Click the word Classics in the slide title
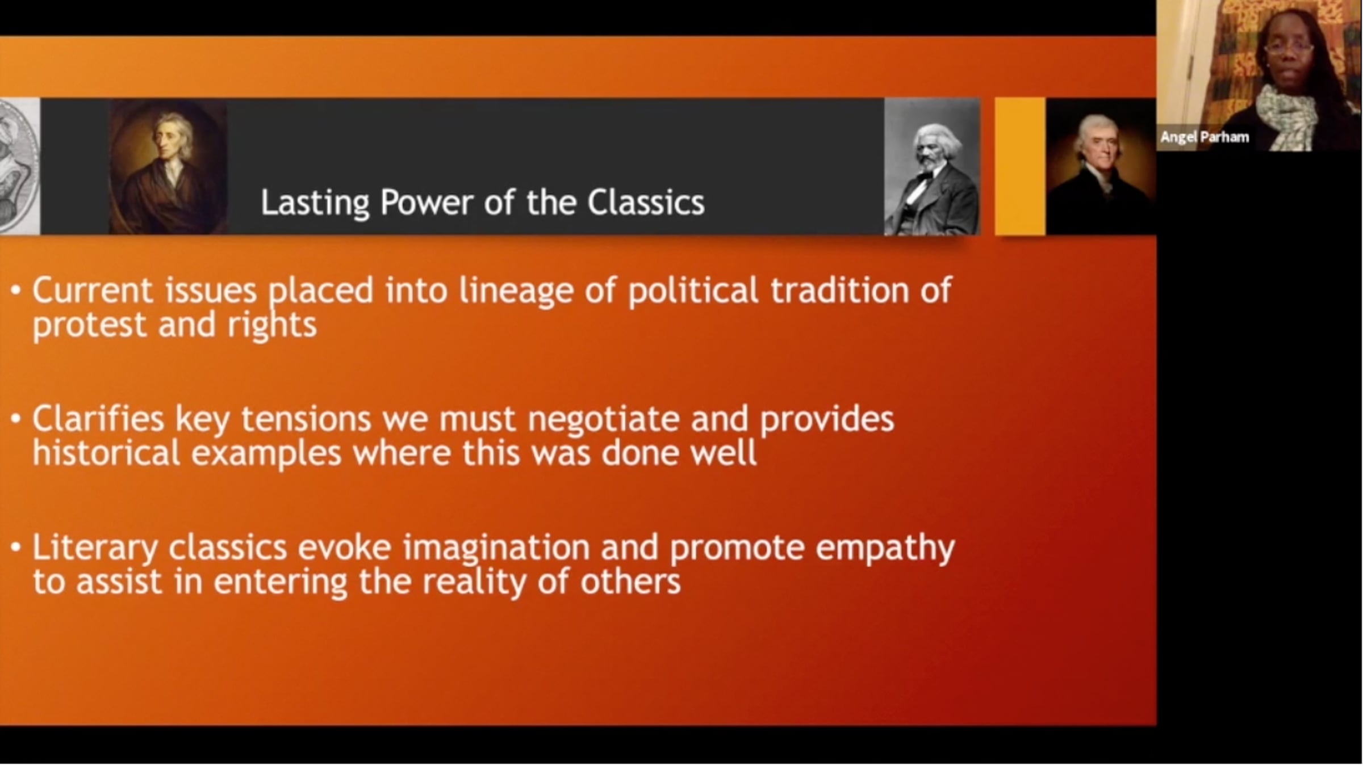[x=646, y=203]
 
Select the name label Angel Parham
[x=1205, y=137]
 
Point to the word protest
[x=89, y=326]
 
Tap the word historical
[x=106, y=453]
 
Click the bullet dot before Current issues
[x=16, y=291]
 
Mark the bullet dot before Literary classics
[x=16, y=548]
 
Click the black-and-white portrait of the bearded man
[x=932, y=166]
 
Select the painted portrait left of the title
[x=168, y=166]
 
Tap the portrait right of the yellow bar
[x=1101, y=166]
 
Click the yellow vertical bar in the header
[x=1020, y=166]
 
